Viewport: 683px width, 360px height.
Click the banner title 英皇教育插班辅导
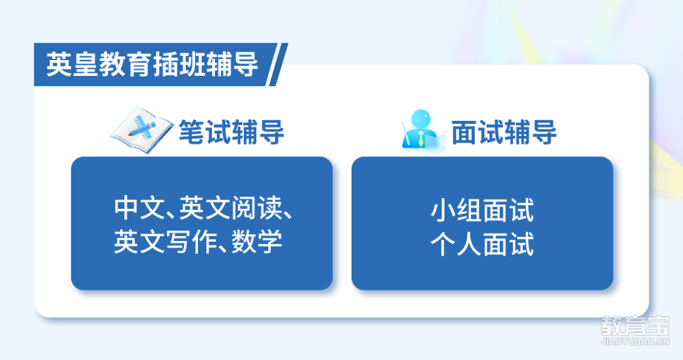(x=152, y=65)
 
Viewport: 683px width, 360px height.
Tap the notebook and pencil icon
(x=140, y=130)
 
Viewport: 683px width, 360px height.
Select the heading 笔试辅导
(x=231, y=132)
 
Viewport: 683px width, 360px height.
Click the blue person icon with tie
(x=422, y=130)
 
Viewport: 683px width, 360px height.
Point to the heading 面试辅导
(x=504, y=132)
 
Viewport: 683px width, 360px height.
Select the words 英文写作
(x=164, y=242)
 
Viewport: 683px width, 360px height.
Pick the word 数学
(x=257, y=242)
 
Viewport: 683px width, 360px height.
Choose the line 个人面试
(x=482, y=244)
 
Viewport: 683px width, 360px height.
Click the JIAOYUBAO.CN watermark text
(x=635, y=342)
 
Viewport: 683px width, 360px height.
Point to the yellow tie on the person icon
(x=421, y=139)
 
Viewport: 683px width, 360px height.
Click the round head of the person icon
(x=421, y=119)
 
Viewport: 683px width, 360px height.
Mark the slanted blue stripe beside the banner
(x=278, y=65)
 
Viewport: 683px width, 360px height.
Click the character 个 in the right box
(x=443, y=244)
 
